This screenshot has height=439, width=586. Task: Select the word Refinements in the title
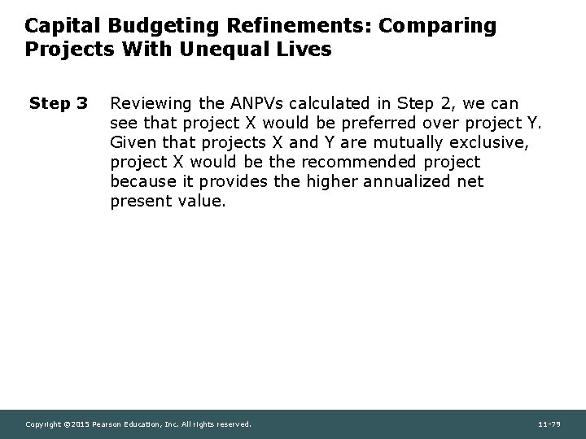point(263,26)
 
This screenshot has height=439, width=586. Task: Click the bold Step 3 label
point(59,104)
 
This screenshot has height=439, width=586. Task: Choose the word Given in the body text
point(131,142)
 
